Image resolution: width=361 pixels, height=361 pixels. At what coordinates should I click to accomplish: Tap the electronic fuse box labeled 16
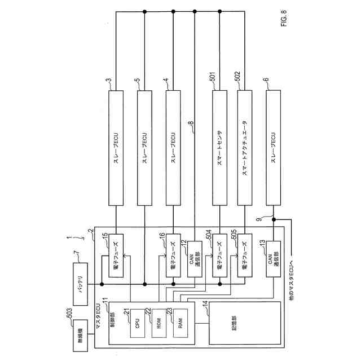[x=173, y=254]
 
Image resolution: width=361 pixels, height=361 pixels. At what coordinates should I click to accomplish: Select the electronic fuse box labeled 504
[x=221, y=254]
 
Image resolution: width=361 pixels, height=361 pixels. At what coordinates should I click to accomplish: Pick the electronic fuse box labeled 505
[x=244, y=254]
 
